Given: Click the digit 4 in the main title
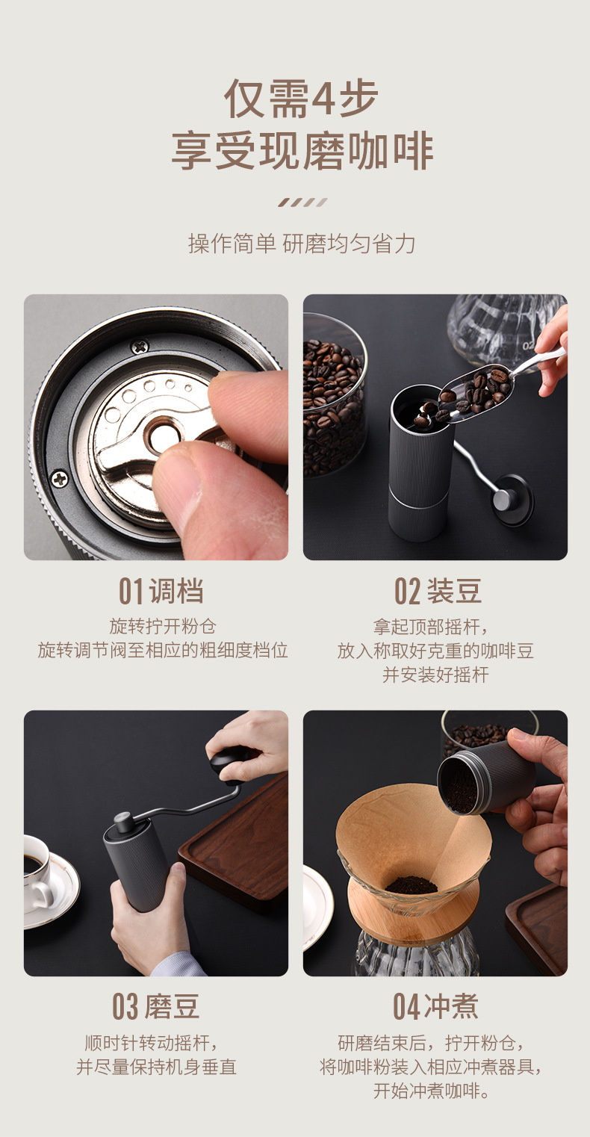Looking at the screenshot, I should tap(324, 99).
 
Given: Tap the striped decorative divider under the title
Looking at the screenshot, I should tap(302, 202).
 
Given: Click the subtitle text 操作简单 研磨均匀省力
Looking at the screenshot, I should tap(302, 244).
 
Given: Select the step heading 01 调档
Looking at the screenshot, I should tap(161, 591).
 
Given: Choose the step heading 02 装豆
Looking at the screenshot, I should tap(438, 591).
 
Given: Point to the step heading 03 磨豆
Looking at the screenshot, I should tap(156, 1006).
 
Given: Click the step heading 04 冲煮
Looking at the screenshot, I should tap(436, 1006).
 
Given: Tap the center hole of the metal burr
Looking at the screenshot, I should tap(162, 436).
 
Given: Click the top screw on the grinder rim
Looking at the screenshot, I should tap(140, 346).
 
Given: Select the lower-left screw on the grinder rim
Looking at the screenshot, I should tap(59, 478).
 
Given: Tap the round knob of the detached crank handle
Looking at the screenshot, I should tap(512, 499).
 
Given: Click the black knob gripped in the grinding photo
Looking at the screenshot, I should tap(229, 760).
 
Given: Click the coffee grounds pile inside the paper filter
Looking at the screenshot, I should tap(411, 885).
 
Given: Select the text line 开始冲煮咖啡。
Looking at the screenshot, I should tap(432, 1091).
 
